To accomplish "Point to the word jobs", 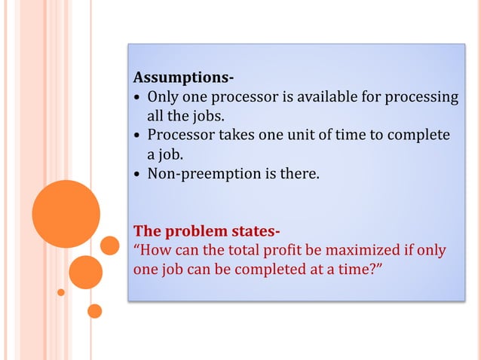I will click(x=210, y=116).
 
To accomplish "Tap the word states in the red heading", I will click(x=254, y=230).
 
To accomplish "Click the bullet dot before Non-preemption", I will click(x=137, y=175).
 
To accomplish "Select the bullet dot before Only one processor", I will click(x=137, y=97).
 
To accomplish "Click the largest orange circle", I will click(x=66, y=213).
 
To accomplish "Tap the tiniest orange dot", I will click(x=61, y=292).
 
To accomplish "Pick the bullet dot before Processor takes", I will click(x=137, y=136).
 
